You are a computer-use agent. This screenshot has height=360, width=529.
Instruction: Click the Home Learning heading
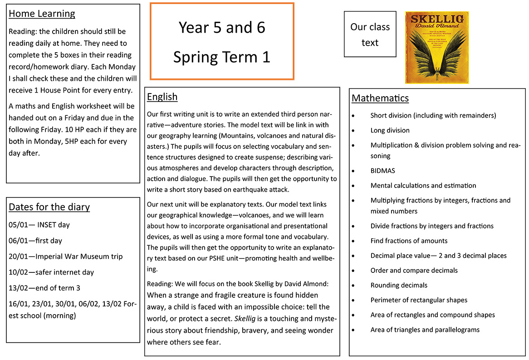coord(42,14)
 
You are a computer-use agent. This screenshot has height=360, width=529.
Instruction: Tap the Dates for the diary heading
coord(49,207)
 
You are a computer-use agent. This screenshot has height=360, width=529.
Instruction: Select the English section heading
coord(162,97)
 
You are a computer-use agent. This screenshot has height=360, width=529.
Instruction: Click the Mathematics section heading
coord(380,98)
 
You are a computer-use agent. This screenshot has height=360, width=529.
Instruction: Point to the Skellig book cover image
coord(436,48)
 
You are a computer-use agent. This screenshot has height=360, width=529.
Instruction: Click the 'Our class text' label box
coord(370,35)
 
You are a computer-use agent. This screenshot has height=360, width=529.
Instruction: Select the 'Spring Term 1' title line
coord(221,57)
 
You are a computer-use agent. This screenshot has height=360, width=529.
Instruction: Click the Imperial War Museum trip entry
coord(65,256)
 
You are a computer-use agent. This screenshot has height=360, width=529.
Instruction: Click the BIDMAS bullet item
coord(382,171)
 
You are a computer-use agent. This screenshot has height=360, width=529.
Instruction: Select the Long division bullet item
coord(390,130)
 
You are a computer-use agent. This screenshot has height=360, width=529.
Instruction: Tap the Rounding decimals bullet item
coord(399,285)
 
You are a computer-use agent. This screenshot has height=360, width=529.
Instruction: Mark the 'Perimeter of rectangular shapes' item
coord(418,300)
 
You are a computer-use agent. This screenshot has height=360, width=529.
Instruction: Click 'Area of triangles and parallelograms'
coord(425,330)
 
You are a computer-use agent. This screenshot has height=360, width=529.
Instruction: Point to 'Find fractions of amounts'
coord(409,241)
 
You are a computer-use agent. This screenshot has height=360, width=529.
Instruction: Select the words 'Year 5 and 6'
coord(221,27)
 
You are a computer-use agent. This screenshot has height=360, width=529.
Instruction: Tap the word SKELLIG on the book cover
coord(436,19)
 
